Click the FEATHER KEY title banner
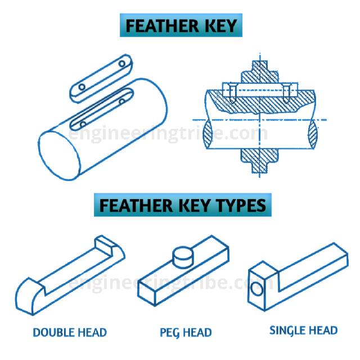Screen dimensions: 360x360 pyautogui.click(x=179, y=26)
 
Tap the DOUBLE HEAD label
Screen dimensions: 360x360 pyautogui.click(x=70, y=332)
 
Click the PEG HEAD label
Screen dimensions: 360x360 pyautogui.click(x=186, y=332)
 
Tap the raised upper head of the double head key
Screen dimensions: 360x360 pyautogui.click(x=110, y=246)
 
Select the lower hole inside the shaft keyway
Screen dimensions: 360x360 pyautogui.click(x=83, y=123)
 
